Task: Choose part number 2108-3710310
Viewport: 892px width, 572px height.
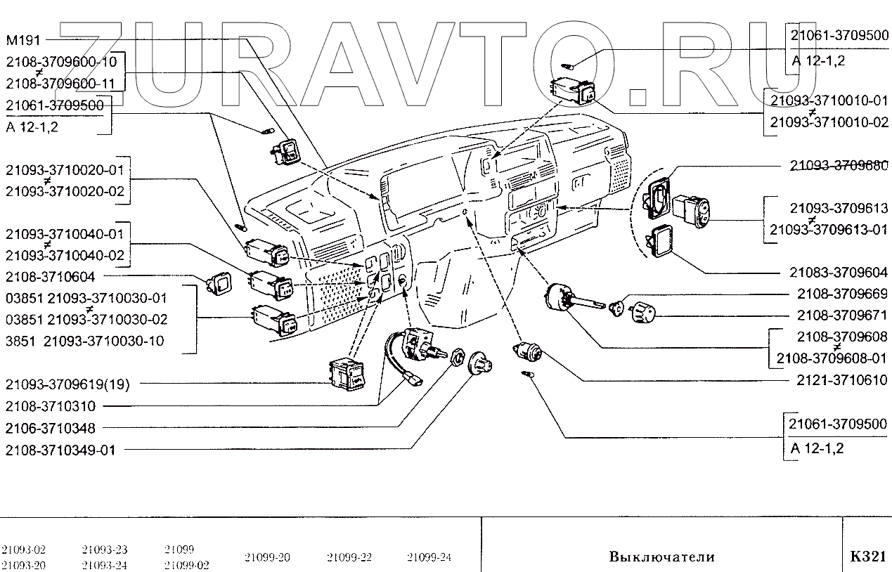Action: click(x=50, y=406)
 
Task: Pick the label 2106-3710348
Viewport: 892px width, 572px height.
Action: click(x=50, y=427)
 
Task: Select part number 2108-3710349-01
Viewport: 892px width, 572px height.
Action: click(x=59, y=449)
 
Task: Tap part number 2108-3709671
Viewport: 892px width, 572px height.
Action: click(x=841, y=315)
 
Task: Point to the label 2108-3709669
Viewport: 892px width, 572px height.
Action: click(x=841, y=294)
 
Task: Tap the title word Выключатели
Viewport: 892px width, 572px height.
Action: click(x=661, y=557)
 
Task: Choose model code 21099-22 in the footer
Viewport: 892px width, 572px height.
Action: click(x=349, y=558)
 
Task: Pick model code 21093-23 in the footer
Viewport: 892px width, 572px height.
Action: click(x=105, y=550)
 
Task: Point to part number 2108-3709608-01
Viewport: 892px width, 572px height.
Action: click(x=832, y=358)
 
